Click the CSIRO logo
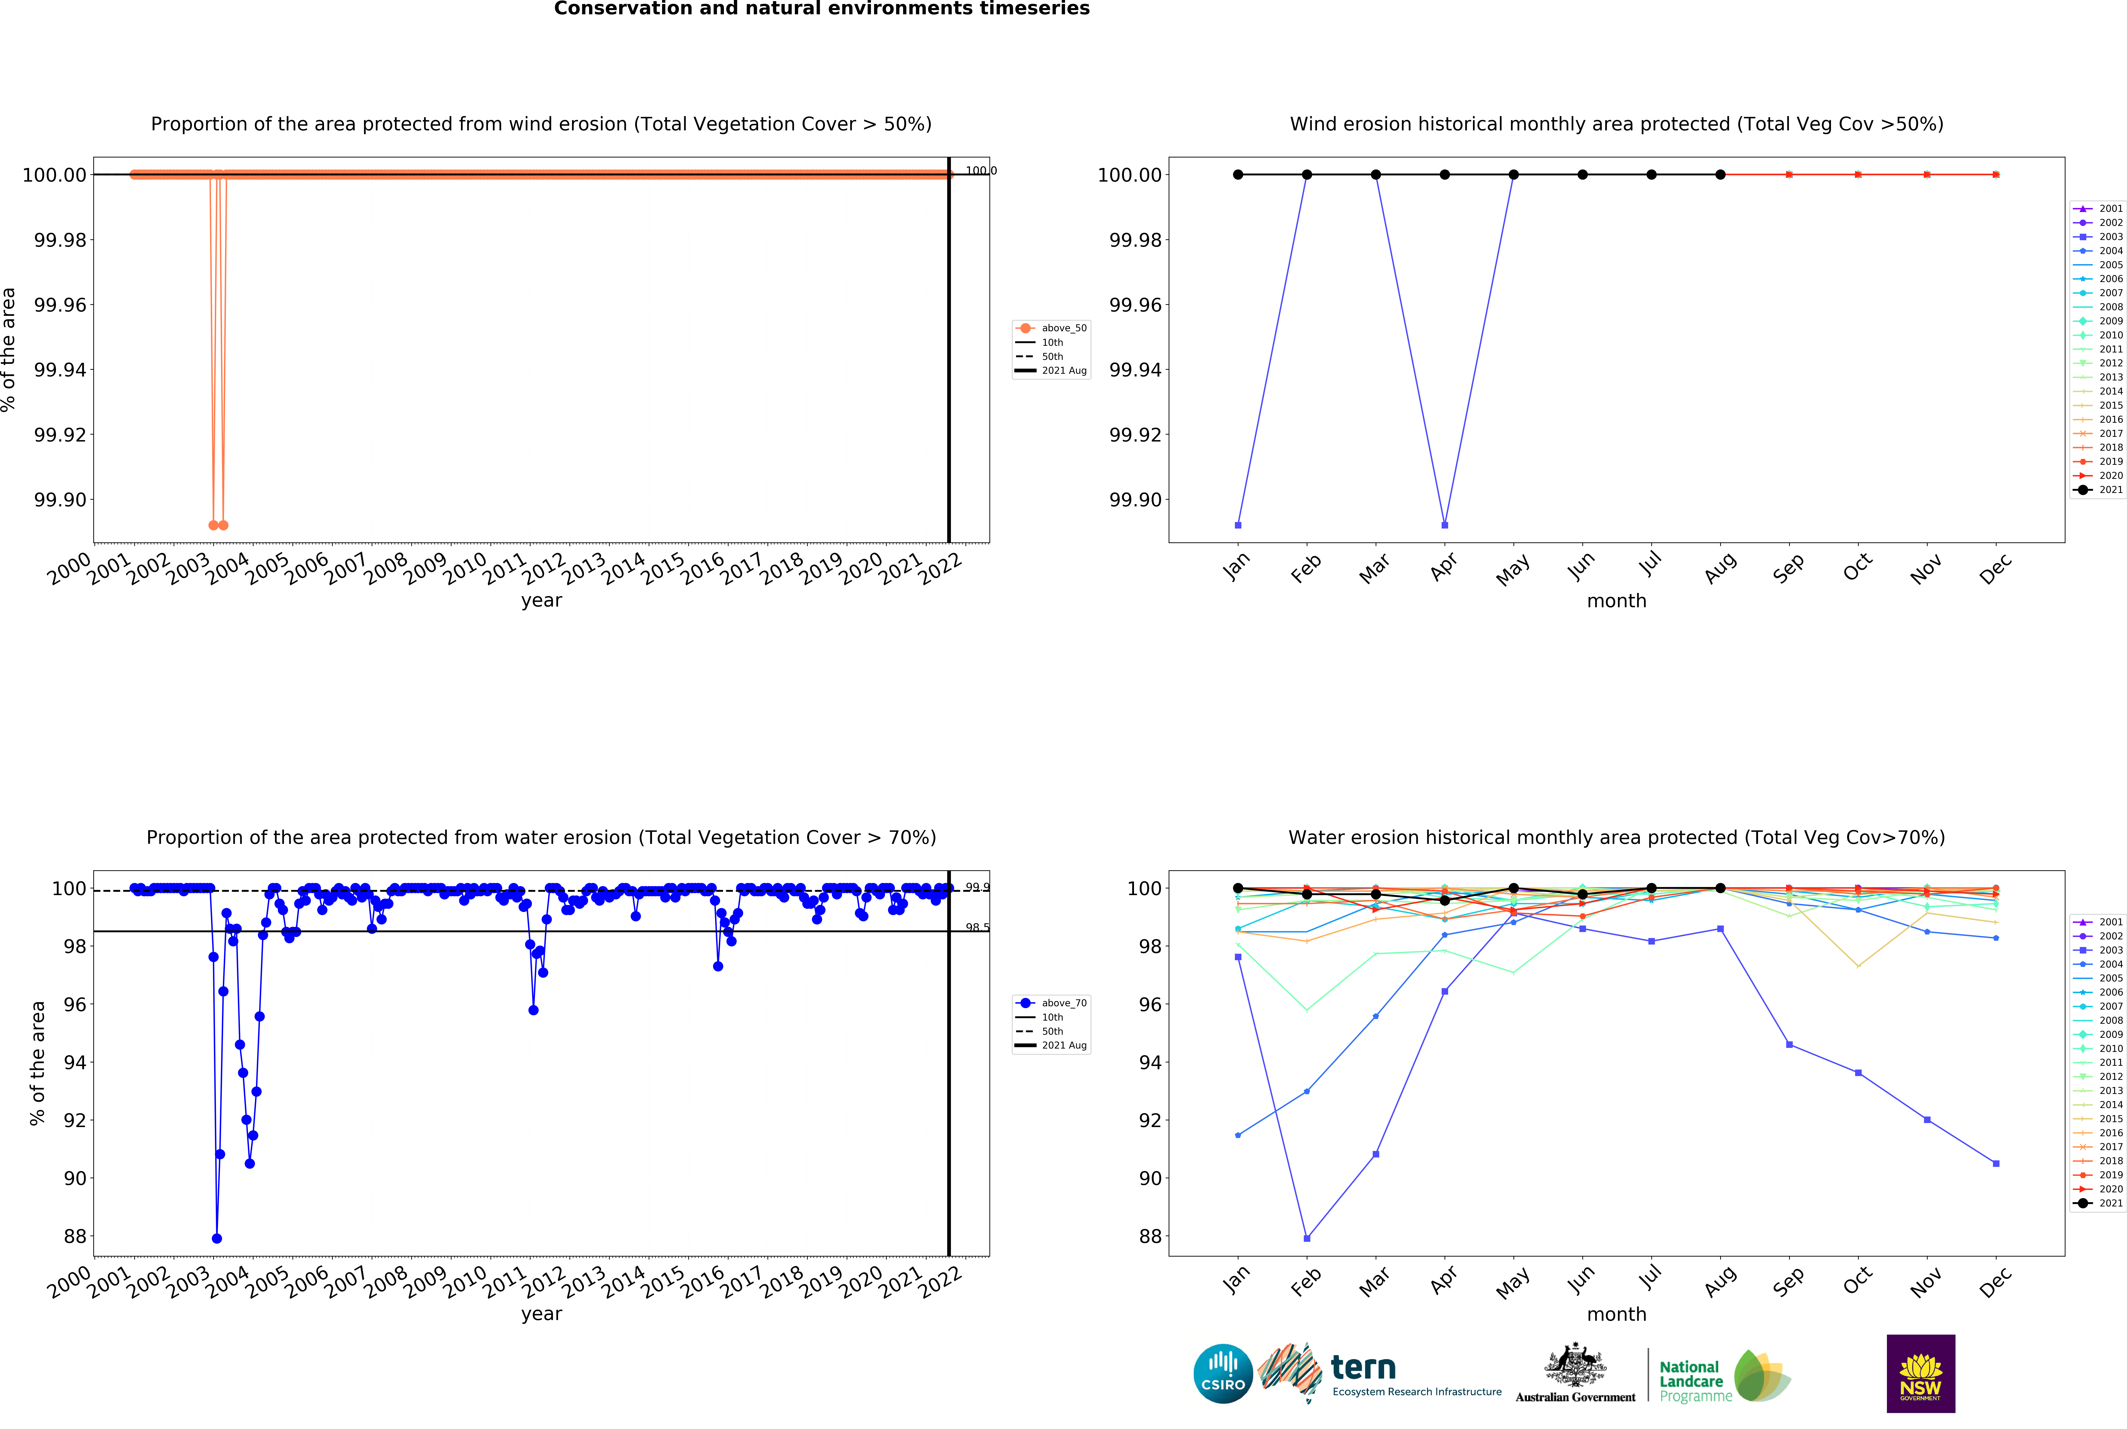pos(1223,1373)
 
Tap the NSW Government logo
pos(1920,1373)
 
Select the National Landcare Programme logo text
pos(1694,1381)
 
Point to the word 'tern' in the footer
pos(1363,1367)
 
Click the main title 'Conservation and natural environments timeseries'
pos(821,9)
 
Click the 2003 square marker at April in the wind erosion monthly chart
pos(1444,525)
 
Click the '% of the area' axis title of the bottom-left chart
pos(37,1063)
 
